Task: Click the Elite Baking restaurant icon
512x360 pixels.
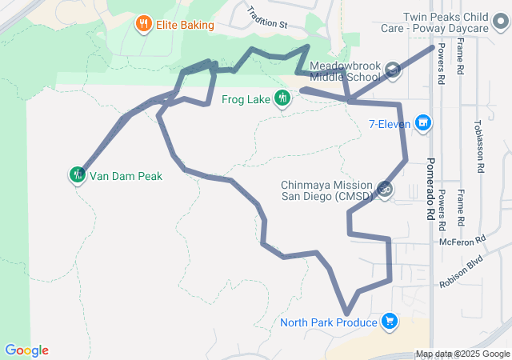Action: pyautogui.click(x=144, y=24)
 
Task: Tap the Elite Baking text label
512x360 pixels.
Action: pyautogui.click(x=184, y=25)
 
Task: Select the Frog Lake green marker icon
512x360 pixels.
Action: pyautogui.click(x=282, y=98)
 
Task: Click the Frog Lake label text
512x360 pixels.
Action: pyautogui.click(x=246, y=100)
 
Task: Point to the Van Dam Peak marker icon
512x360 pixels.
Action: pyautogui.click(x=78, y=174)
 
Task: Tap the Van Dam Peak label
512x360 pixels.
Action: pyautogui.click(x=126, y=175)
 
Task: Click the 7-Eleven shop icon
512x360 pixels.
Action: pyautogui.click(x=423, y=124)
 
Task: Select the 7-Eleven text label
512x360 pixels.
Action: pyautogui.click(x=390, y=124)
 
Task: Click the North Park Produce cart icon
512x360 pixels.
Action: pyautogui.click(x=390, y=322)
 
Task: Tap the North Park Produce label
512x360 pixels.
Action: pyautogui.click(x=328, y=323)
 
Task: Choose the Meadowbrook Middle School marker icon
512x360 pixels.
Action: pyautogui.click(x=392, y=70)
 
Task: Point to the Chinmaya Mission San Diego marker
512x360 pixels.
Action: pyautogui.click(x=385, y=190)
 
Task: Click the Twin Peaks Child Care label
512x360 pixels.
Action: pyautogui.click(x=445, y=22)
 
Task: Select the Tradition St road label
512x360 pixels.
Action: pyautogui.click(x=267, y=18)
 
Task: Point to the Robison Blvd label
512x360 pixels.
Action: pyautogui.click(x=462, y=271)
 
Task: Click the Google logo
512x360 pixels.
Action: pyautogui.click(x=26, y=350)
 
